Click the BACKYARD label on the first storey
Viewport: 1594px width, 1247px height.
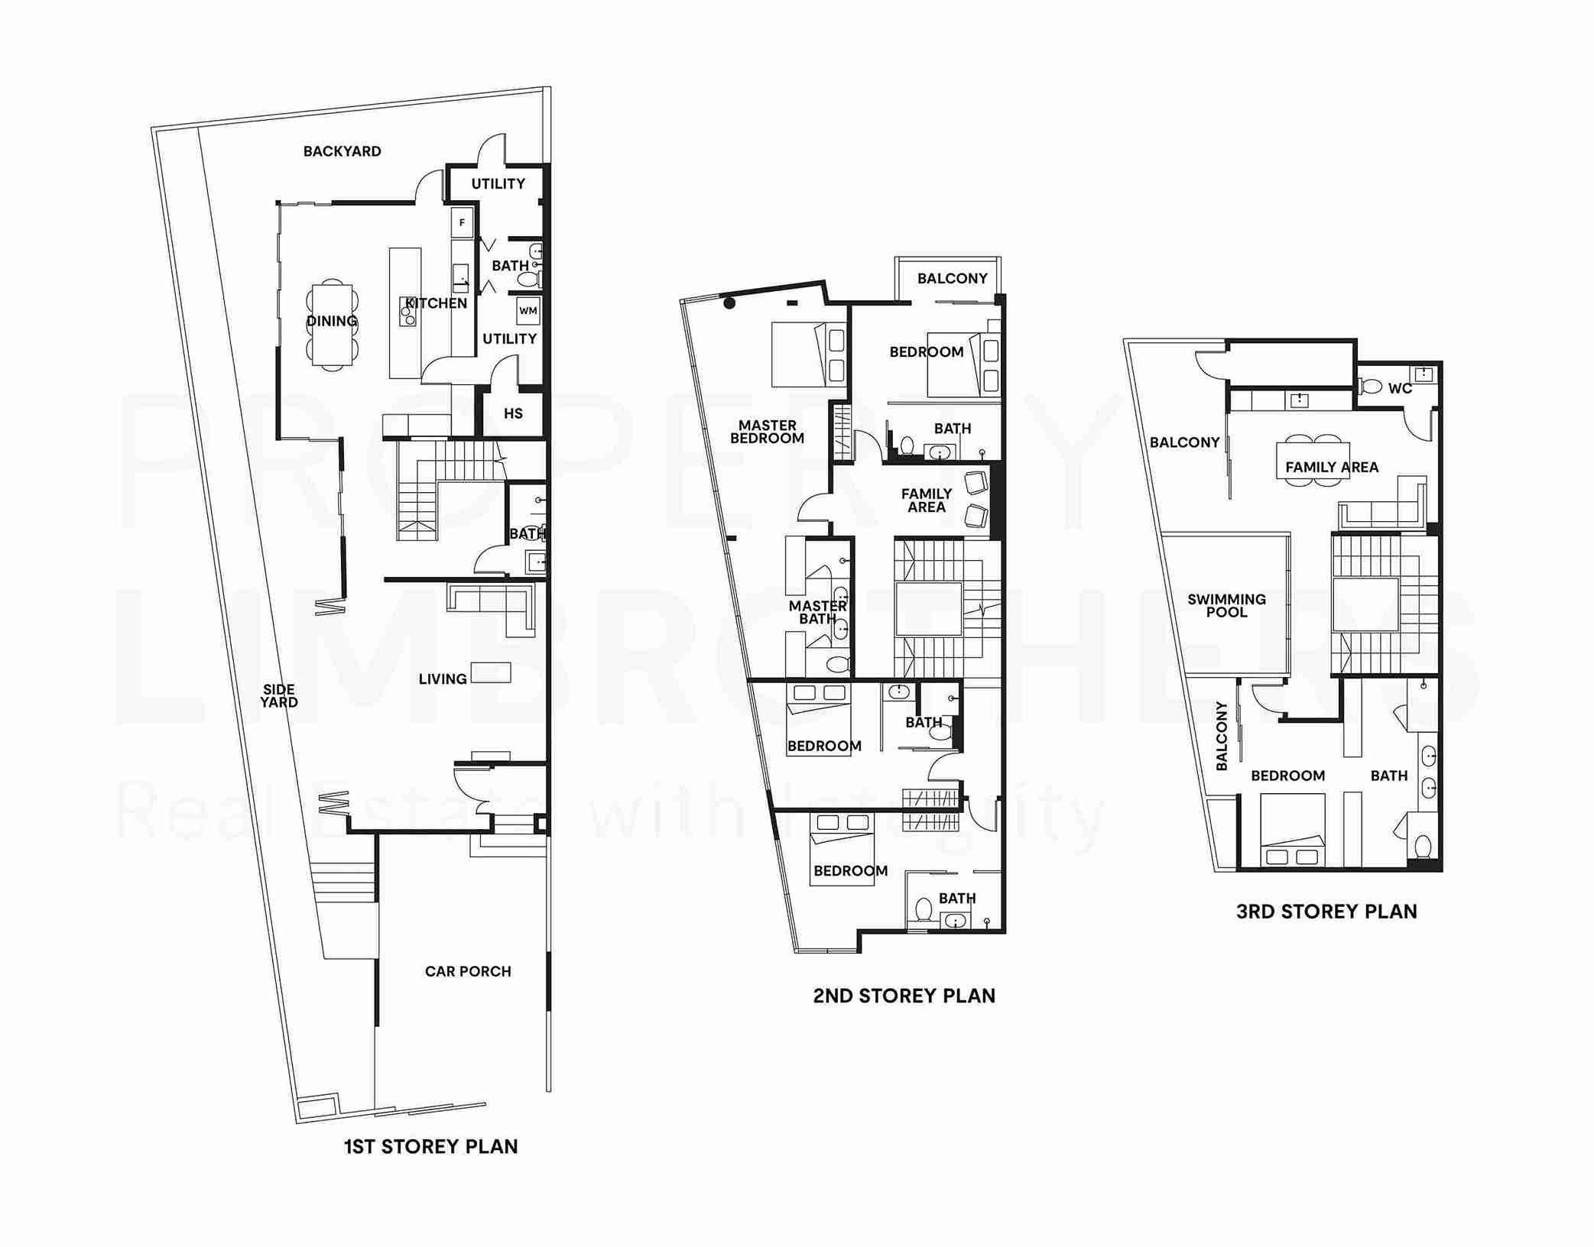(x=342, y=151)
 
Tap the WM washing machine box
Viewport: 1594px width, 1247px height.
(x=528, y=310)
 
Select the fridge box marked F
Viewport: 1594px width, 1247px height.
(x=462, y=223)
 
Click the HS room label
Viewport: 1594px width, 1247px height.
(x=513, y=413)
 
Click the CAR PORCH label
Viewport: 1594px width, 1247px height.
(x=468, y=971)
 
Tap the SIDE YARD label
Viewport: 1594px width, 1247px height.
(x=279, y=695)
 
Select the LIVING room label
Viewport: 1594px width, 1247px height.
(x=443, y=679)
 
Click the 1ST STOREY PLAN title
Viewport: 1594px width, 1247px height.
(x=430, y=1146)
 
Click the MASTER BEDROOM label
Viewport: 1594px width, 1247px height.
(x=767, y=432)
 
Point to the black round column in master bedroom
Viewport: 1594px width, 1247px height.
(x=729, y=303)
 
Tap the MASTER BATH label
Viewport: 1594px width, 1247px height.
(x=817, y=612)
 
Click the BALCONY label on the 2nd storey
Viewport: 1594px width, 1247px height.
(x=952, y=278)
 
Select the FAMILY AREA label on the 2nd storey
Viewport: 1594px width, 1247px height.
(x=926, y=500)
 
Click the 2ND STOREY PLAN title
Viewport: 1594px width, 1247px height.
(x=904, y=996)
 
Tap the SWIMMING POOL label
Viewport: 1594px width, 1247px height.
(x=1226, y=605)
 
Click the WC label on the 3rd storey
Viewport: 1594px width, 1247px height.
(x=1400, y=388)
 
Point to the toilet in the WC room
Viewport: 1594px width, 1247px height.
(x=1372, y=387)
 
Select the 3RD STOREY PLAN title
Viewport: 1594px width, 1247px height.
(x=1326, y=911)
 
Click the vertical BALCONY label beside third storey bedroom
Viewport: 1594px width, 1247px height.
(x=1221, y=736)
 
